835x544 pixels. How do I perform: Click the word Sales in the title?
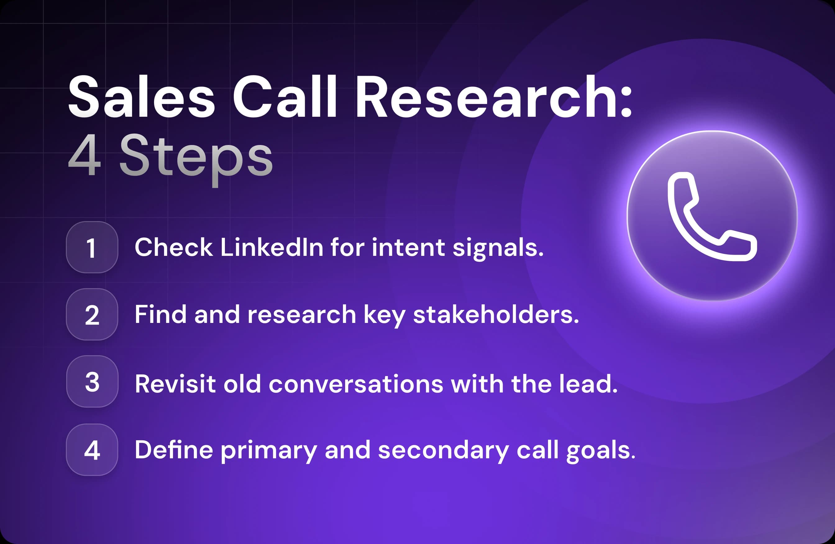pos(141,97)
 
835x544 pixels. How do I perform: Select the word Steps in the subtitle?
pos(196,156)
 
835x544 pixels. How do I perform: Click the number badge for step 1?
pos(92,247)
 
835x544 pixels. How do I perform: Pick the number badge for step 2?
pos(92,315)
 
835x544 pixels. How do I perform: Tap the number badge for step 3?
pos(92,382)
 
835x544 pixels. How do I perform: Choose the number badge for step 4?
pos(92,450)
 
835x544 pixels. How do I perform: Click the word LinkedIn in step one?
pos(271,247)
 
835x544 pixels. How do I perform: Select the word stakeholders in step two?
pos(496,314)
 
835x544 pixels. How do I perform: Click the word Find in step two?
pos(160,314)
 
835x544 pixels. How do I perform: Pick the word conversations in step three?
pos(356,384)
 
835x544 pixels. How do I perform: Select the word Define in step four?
pos(174,450)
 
